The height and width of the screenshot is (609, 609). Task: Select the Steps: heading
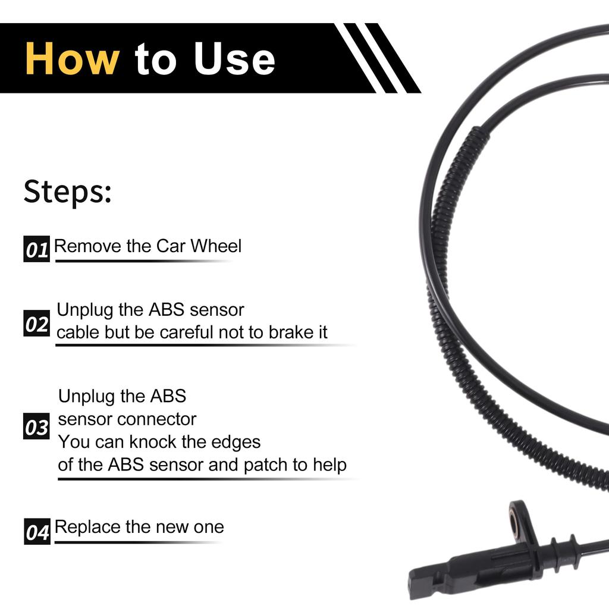67,192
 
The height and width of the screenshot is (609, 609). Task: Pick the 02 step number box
36,324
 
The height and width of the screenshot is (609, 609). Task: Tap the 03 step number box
36,427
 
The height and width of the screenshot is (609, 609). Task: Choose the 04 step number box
37,532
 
